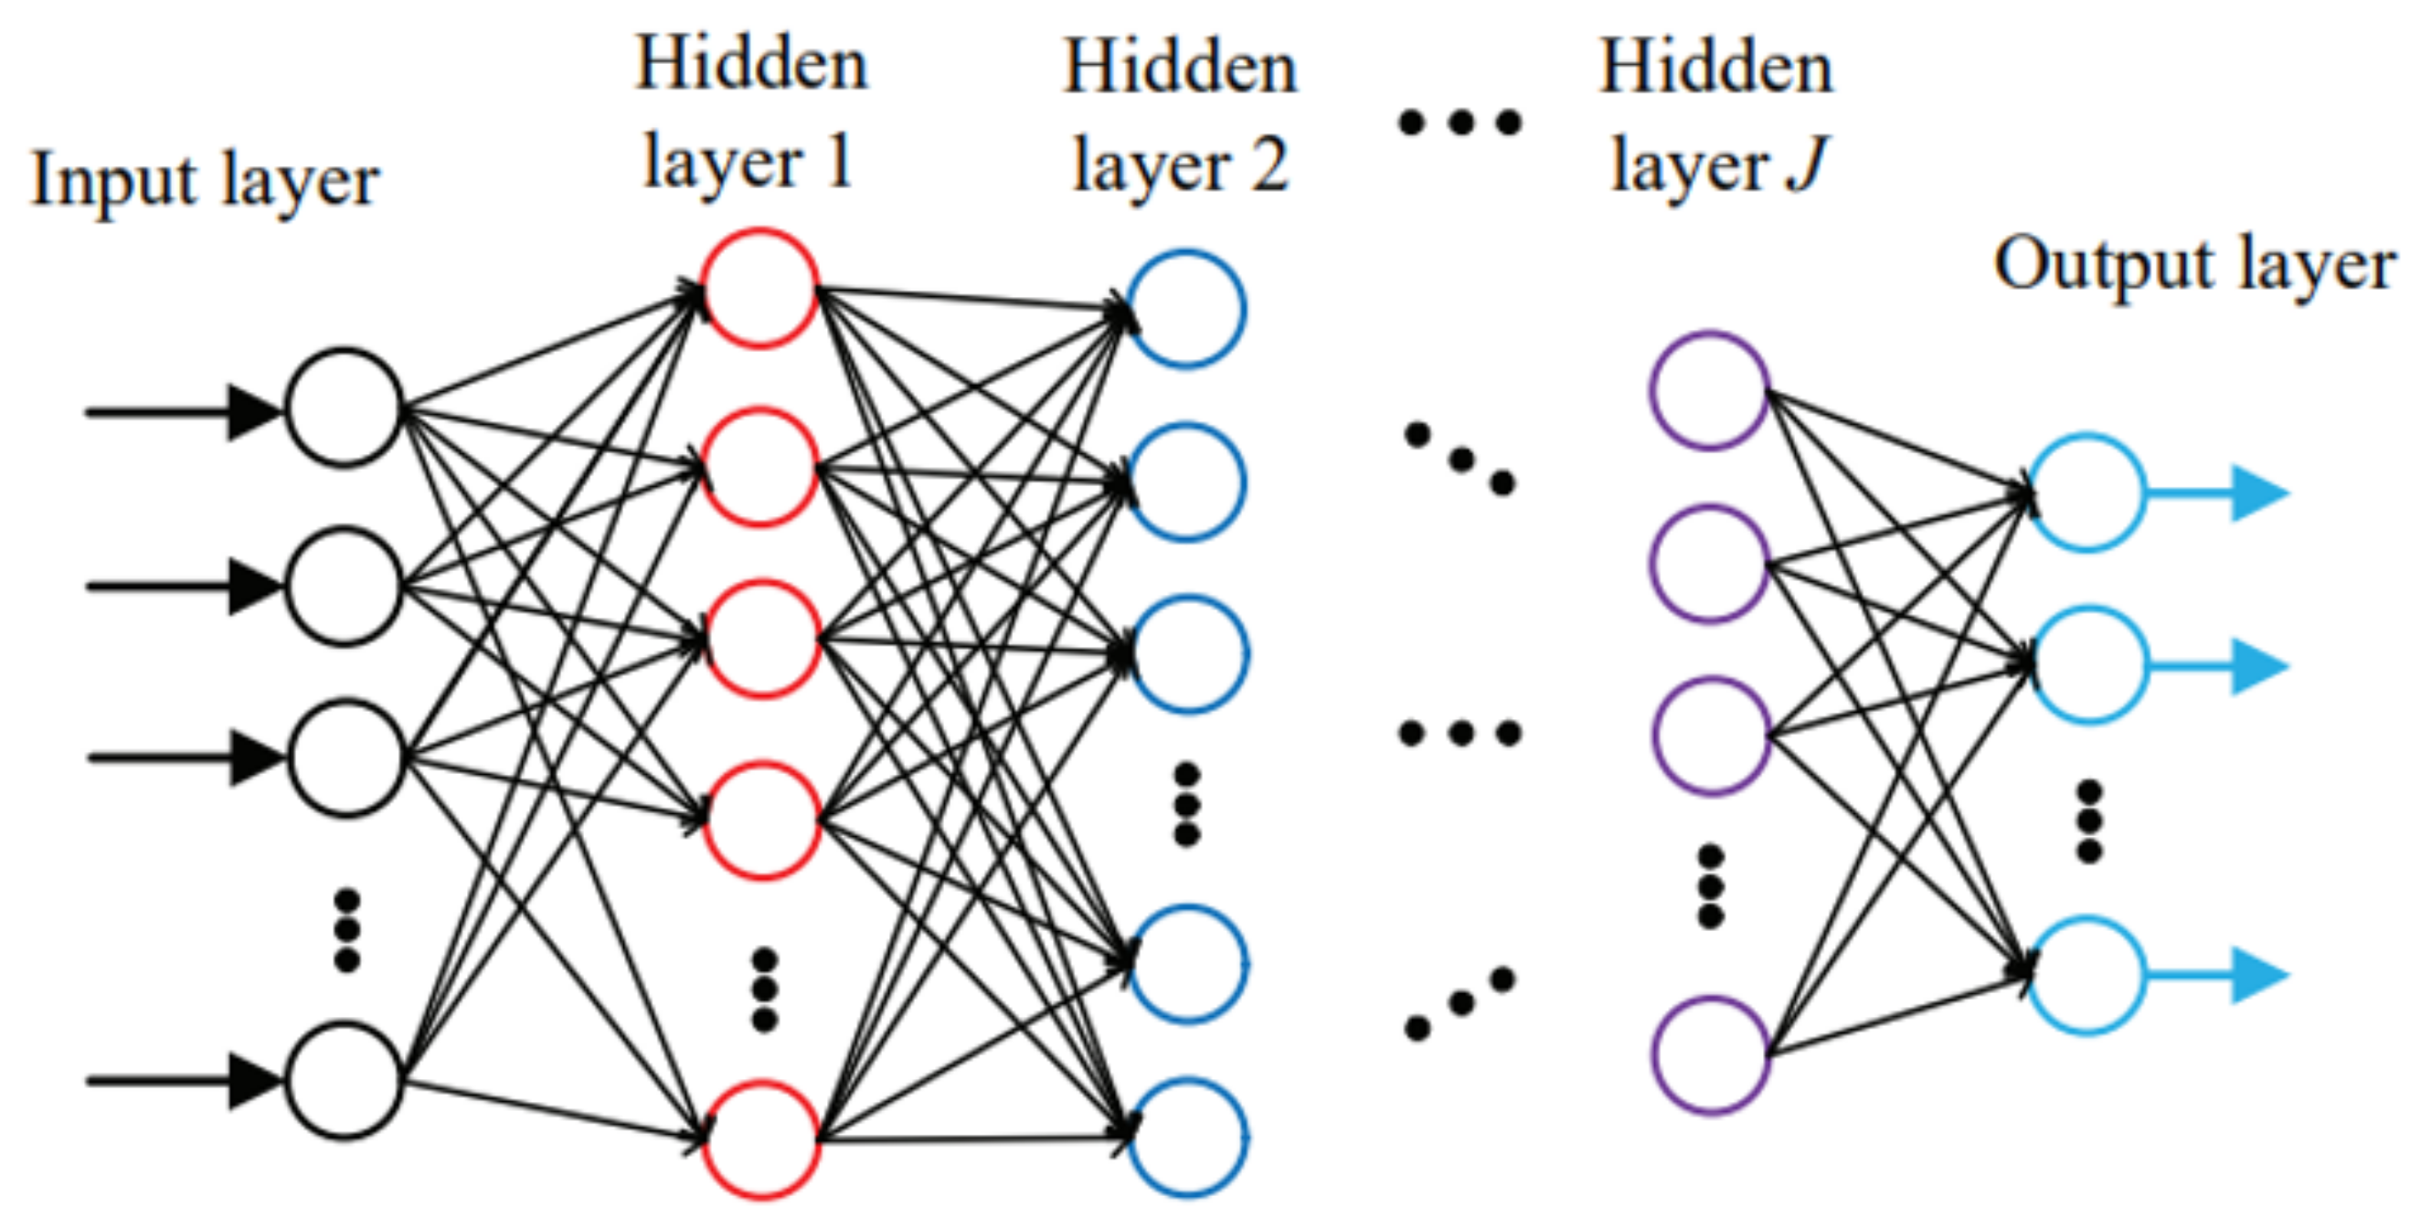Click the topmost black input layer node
pos(344,408)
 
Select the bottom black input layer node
pos(344,1081)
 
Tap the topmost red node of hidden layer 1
pos(760,288)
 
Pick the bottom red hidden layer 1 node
pos(762,1139)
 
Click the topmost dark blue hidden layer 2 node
pos(1186,308)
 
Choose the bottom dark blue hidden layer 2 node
pos(1188,1138)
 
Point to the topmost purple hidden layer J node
pos(1710,391)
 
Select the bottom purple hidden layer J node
pos(1712,1055)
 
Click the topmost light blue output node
pos(2086,492)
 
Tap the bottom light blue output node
pos(2086,976)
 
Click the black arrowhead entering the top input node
pos(254,411)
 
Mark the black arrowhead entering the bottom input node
pos(254,1082)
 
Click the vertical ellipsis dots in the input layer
pos(346,930)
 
